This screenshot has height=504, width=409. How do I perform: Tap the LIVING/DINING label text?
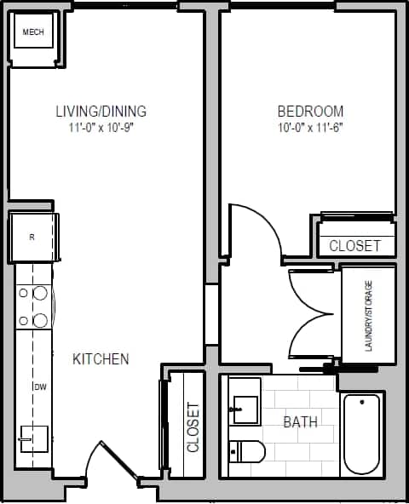(101, 112)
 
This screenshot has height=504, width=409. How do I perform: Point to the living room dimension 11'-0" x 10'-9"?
(101, 129)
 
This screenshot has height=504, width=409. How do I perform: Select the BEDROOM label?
(310, 112)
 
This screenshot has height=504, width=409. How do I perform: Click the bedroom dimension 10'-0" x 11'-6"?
(310, 129)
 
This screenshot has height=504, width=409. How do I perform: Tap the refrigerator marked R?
(32, 238)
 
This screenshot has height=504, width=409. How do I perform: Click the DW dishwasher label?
(39, 387)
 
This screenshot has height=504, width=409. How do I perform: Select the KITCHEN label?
(101, 359)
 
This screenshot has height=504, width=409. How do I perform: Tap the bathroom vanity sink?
(244, 409)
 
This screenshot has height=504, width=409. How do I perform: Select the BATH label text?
(301, 421)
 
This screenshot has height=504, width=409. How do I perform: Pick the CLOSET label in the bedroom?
(354, 246)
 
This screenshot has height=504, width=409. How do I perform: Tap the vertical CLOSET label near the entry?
(193, 427)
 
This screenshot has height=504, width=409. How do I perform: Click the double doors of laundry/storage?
(311, 315)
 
